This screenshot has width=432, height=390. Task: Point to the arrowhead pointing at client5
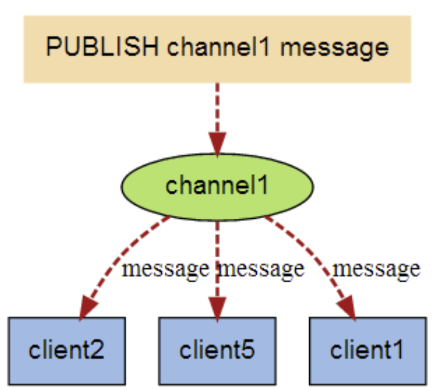pos(217,307)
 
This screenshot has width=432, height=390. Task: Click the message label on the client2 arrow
pos(165,269)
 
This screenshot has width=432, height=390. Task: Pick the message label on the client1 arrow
pos(376,269)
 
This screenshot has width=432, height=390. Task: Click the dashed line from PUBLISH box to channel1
pos(217,106)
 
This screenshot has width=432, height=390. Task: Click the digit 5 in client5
pos(248,351)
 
